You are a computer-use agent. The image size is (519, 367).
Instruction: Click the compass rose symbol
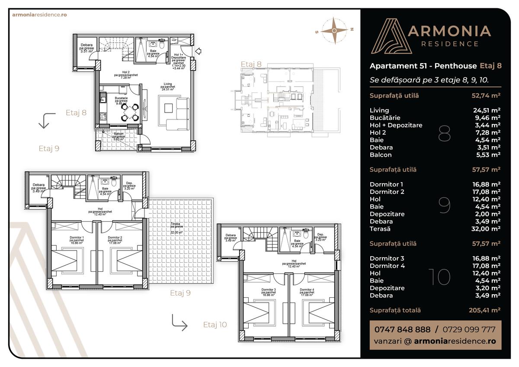pos(334,30)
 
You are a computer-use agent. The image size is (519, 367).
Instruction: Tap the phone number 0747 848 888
pos(402,329)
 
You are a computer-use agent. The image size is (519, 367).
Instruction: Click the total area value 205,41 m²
pos(484,310)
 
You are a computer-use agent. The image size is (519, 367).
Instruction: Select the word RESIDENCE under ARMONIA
pos(450,44)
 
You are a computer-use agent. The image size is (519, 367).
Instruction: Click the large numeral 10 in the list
pos(439,277)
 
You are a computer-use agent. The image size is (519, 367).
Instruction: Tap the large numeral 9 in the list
pos(444,206)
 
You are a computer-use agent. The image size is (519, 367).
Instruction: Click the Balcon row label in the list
pos(381,155)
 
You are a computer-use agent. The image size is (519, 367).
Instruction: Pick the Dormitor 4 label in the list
pos(387,266)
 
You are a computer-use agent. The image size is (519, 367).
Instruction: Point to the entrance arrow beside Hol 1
pos(199,52)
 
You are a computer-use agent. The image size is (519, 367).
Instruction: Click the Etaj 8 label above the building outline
pos(251,64)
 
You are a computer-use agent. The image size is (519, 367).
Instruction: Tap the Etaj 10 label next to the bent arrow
pos(215,325)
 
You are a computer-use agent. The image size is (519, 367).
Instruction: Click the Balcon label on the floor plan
pos(119,134)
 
